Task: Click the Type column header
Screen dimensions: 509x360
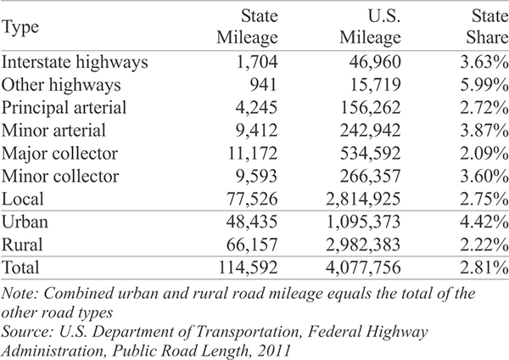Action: click(x=20, y=27)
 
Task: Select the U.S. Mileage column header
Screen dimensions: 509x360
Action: click(x=371, y=26)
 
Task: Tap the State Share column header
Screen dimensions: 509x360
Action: click(x=488, y=26)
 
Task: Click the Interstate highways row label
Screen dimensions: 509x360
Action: click(x=75, y=62)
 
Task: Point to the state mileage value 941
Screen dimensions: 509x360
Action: click(x=264, y=84)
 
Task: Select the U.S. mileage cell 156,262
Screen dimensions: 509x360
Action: click(x=371, y=108)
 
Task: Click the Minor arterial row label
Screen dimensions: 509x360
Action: click(x=53, y=130)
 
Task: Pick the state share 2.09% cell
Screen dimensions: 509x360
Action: click(x=484, y=153)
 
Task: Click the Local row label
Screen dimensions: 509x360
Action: click(x=22, y=199)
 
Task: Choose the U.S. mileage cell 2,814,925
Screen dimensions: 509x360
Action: click(x=363, y=199)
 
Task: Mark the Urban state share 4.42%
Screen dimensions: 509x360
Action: click(x=484, y=222)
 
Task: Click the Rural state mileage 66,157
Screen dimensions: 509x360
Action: click(x=252, y=245)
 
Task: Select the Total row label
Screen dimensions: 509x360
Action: click(x=20, y=267)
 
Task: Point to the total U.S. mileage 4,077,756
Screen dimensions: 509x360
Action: click(x=363, y=267)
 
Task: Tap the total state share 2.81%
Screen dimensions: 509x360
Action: click(x=484, y=267)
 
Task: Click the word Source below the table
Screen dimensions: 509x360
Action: click(x=28, y=332)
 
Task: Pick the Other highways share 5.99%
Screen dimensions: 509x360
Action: click(x=484, y=84)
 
